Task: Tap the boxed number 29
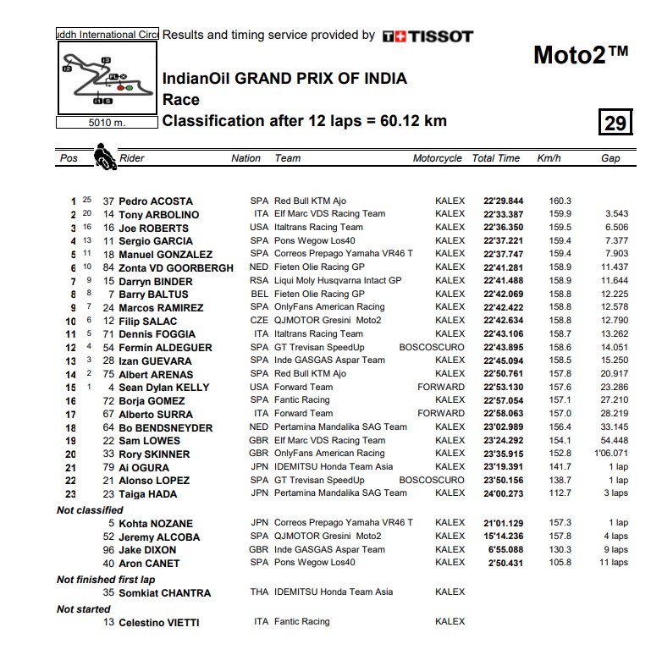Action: click(x=615, y=124)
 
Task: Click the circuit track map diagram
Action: click(x=106, y=78)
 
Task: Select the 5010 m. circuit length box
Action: click(x=106, y=122)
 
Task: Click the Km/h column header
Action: click(x=549, y=158)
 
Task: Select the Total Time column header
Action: click(x=496, y=158)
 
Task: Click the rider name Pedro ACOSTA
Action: click(x=156, y=201)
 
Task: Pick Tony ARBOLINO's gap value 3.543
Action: click(x=615, y=215)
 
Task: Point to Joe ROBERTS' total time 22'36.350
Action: click(x=503, y=228)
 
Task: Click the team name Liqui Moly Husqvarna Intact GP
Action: click(x=338, y=281)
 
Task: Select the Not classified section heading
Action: click(x=90, y=510)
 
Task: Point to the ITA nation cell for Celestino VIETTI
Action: click(x=261, y=622)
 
